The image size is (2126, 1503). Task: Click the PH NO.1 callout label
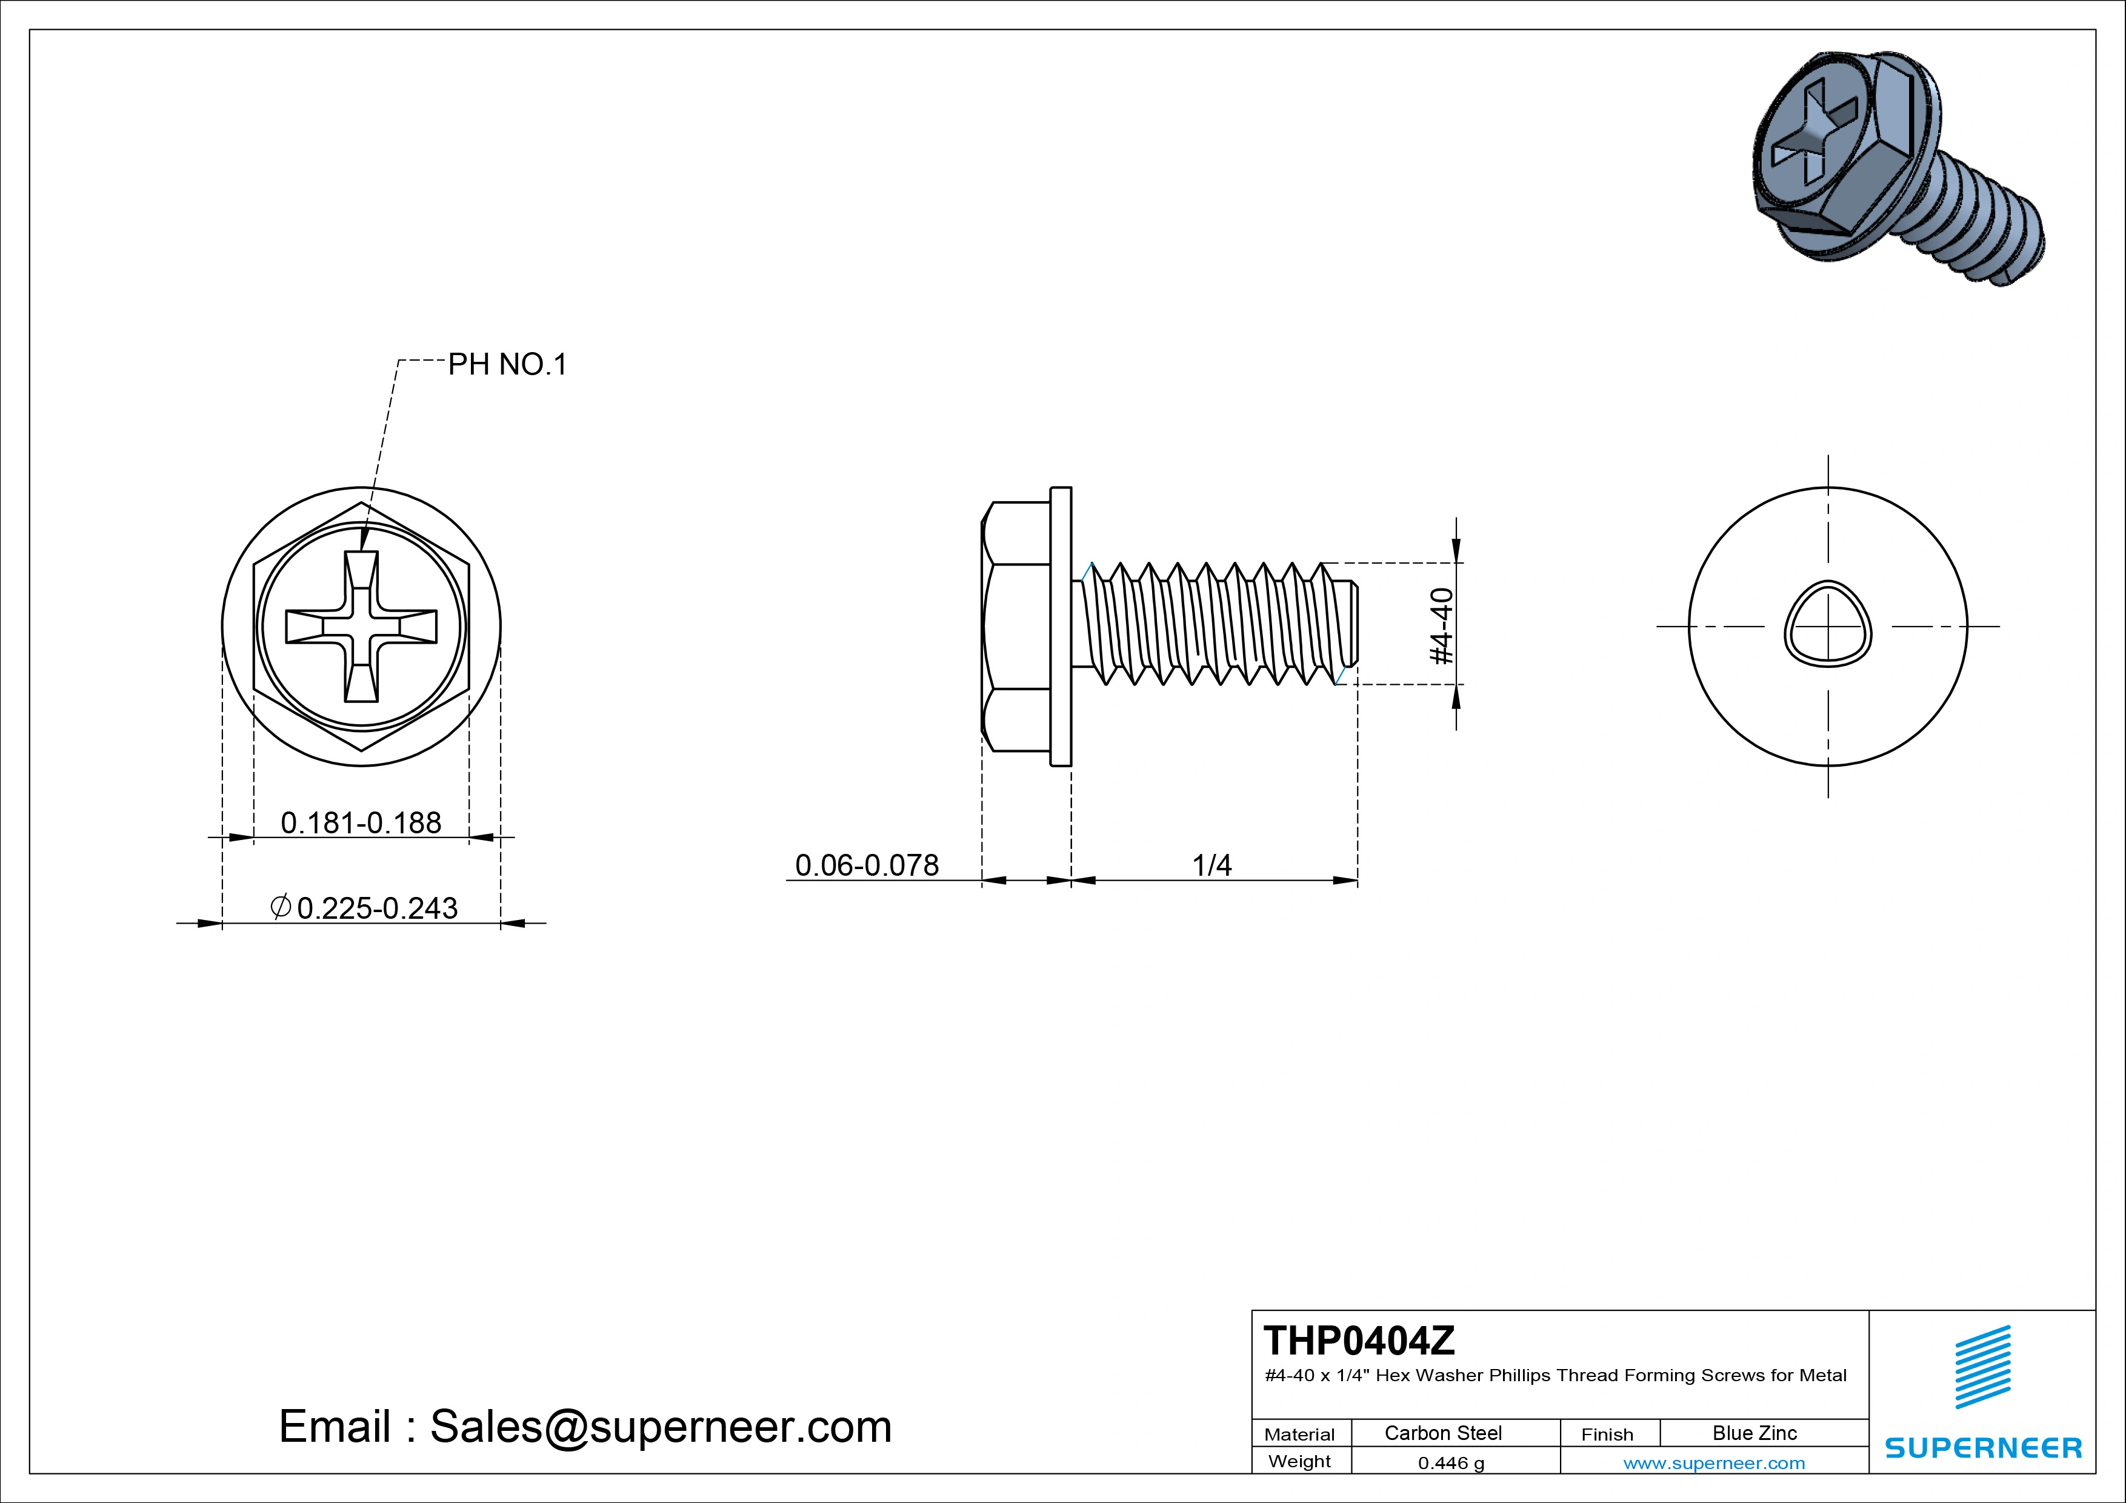tap(507, 365)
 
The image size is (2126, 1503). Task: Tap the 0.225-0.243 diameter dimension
tap(377, 907)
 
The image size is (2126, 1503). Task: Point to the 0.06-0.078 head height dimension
tap(867, 865)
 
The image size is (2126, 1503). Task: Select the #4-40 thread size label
tap(1442, 626)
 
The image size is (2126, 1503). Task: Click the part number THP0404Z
tap(1358, 1340)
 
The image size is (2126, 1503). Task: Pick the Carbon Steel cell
tap(1442, 1433)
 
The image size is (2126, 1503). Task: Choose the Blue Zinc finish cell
tap(1754, 1433)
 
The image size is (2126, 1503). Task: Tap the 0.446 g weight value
tap(1451, 1462)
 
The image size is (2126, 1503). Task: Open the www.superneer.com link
tap(1713, 1462)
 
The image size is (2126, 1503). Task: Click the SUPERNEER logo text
tap(1982, 1447)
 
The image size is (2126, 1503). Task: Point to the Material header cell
tap(1299, 1433)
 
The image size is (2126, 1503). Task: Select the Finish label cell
tap(1607, 1433)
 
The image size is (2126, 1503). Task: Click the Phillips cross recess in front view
tap(361, 626)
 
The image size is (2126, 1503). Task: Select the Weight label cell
tap(1299, 1461)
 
